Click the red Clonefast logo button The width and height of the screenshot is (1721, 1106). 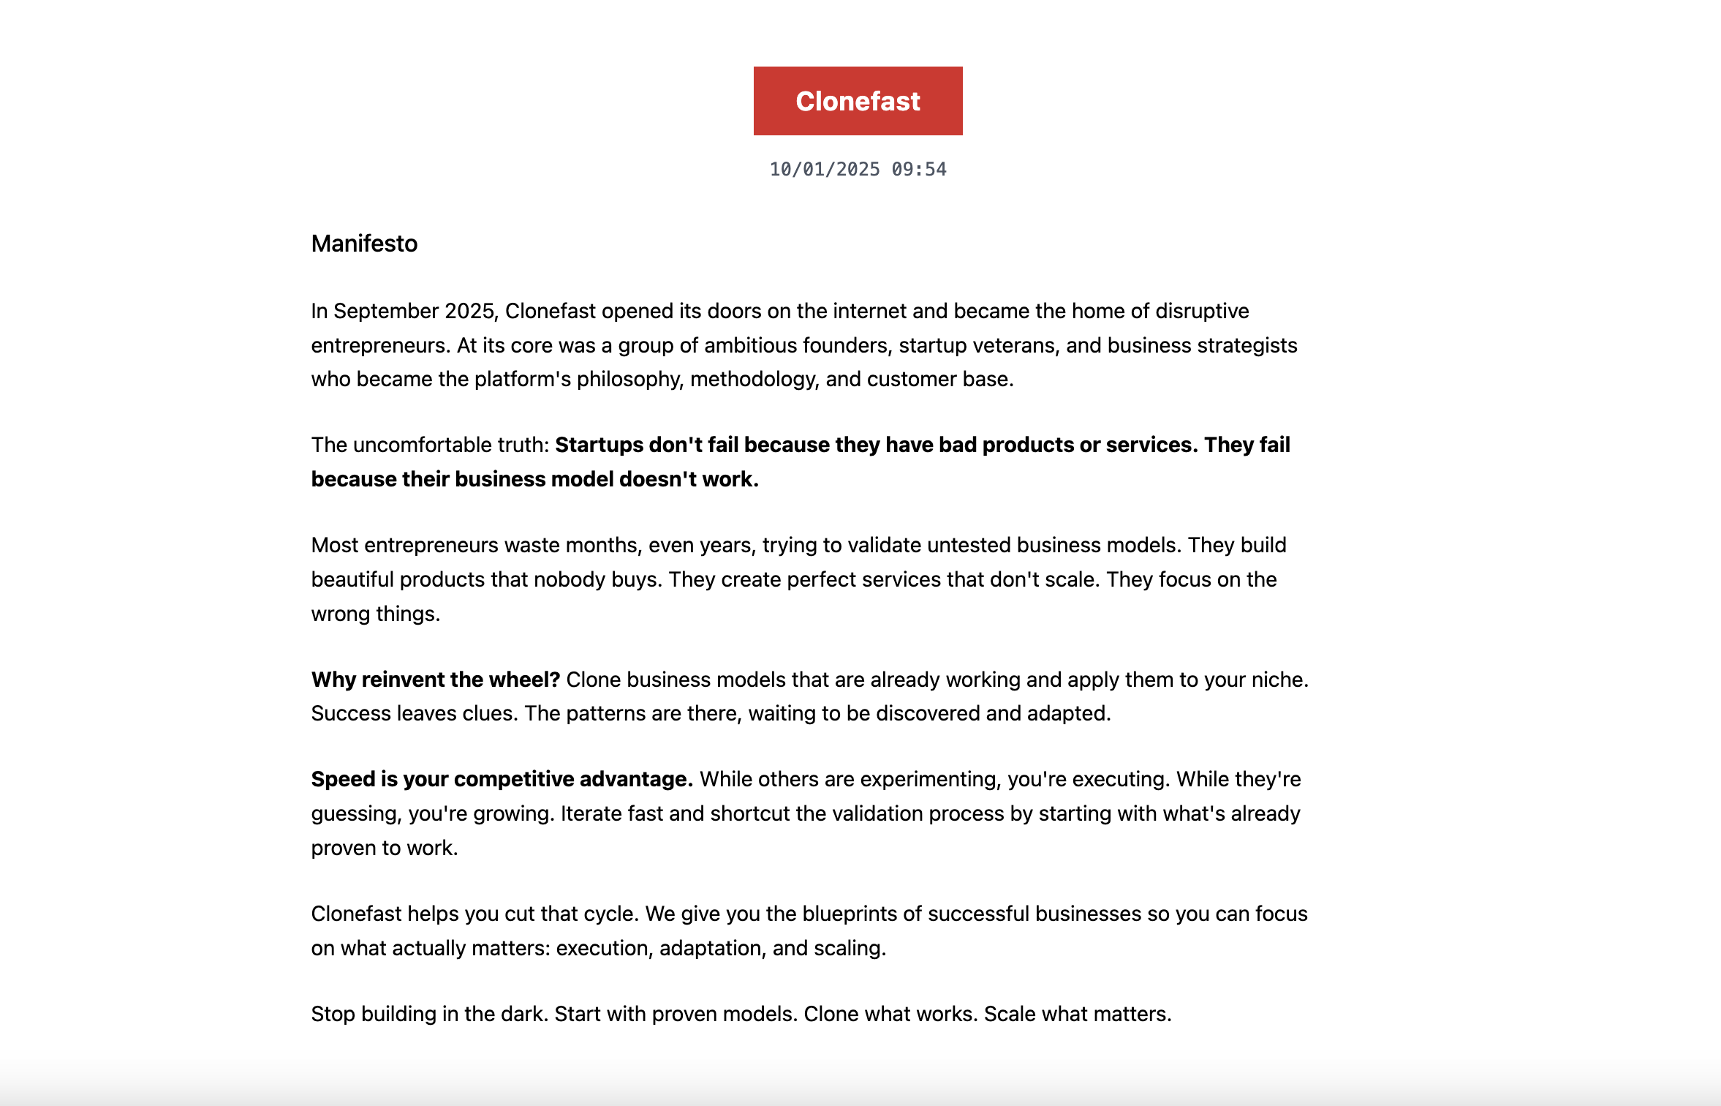coord(858,101)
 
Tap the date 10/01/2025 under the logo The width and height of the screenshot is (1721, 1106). coord(824,170)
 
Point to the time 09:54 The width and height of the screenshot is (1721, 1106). coord(919,170)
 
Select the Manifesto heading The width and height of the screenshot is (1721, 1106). coord(364,244)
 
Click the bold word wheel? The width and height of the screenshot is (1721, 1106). coord(526,680)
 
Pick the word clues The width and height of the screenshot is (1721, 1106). coord(489,714)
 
